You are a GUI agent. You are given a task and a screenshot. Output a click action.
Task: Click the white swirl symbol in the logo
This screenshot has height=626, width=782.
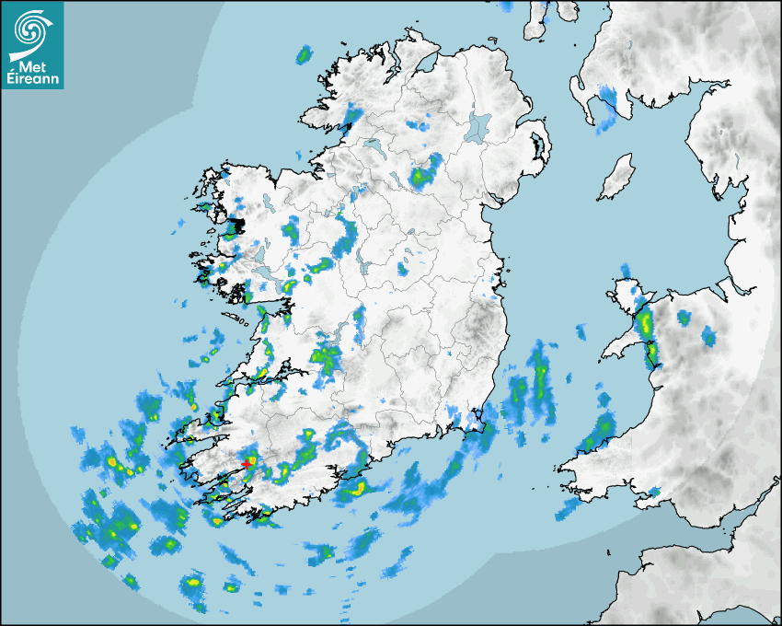click(x=32, y=30)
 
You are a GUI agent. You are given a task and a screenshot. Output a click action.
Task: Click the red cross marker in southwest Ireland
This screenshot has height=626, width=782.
click(x=249, y=463)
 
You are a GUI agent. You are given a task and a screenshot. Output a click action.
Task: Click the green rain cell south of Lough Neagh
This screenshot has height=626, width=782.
click(x=424, y=174)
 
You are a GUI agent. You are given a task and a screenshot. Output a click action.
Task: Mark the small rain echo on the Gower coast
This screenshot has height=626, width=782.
click(x=654, y=493)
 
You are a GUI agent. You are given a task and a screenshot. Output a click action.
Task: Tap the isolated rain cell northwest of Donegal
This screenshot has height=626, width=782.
click(x=303, y=56)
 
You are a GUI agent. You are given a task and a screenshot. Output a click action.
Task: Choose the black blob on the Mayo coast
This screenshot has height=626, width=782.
click(x=237, y=225)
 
